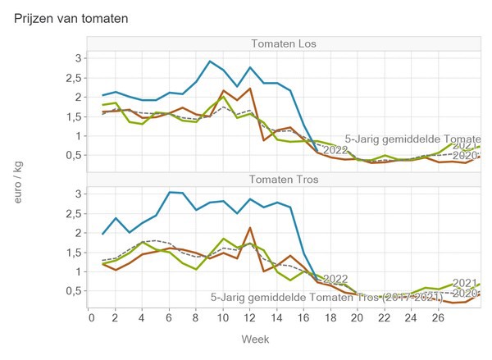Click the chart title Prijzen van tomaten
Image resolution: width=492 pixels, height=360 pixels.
[71, 16]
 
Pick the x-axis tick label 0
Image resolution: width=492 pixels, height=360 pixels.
[90, 318]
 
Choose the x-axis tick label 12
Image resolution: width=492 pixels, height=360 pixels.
[249, 318]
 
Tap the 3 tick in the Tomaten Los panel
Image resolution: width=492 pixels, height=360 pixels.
[79, 57]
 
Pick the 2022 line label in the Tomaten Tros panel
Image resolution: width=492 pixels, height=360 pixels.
[336, 279]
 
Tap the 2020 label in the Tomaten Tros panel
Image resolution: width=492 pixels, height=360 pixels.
[465, 293]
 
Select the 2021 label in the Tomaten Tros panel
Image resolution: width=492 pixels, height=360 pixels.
[465, 282]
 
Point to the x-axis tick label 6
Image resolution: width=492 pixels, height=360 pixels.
[170, 318]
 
